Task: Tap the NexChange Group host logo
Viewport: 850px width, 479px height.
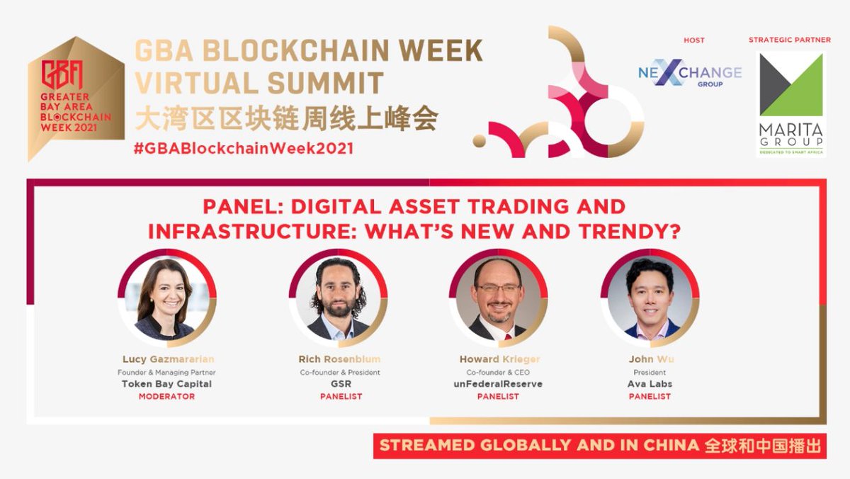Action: click(689, 73)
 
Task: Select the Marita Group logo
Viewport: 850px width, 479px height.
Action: click(790, 103)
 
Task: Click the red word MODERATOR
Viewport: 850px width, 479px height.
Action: click(166, 396)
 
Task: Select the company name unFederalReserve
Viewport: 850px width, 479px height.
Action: click(498, 384)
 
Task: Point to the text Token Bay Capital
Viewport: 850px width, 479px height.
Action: click(166, 384)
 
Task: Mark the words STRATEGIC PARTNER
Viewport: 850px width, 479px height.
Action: click(789, 40)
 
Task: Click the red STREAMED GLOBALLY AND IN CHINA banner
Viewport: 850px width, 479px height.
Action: click(599, 446)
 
